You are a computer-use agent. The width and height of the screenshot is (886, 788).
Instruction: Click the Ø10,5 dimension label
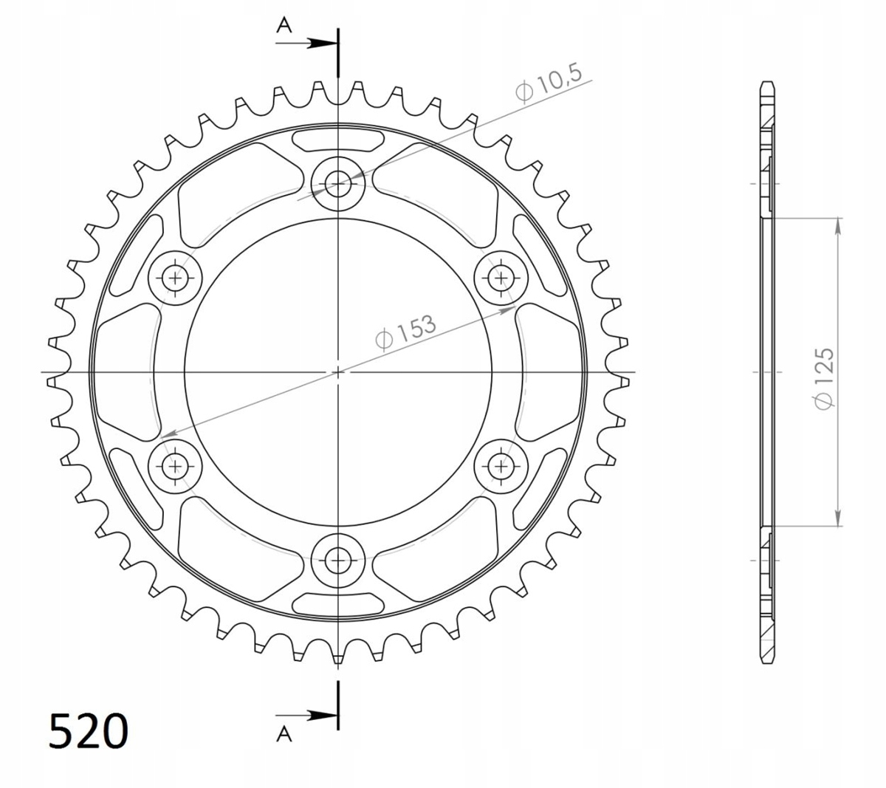pos(549,83)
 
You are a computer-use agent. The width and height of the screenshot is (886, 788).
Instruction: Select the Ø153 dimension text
pos(406,332)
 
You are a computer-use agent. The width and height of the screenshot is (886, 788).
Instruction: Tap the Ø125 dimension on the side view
pos(824,379)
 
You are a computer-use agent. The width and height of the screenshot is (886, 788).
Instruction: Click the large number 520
pos(89,730)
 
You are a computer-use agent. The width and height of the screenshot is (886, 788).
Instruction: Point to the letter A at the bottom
pos(284,734)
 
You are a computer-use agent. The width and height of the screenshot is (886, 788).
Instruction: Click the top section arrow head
pos(323,44)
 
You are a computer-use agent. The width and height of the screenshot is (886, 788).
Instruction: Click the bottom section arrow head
pos(323,716)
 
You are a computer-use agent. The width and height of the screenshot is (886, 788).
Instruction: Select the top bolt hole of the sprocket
pos(337,184)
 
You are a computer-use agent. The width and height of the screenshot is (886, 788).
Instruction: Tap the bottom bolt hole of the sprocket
pos(337,561)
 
